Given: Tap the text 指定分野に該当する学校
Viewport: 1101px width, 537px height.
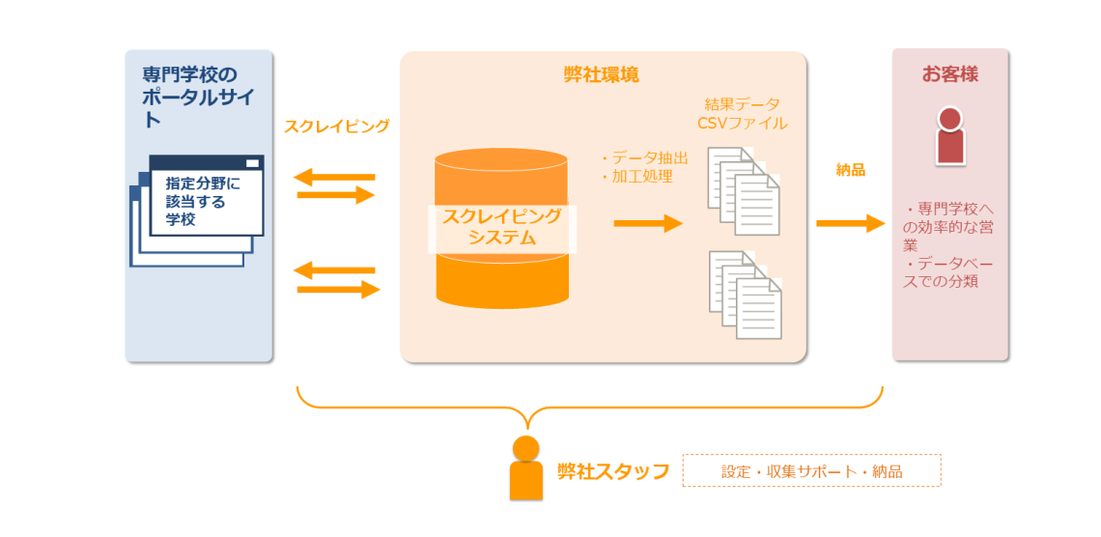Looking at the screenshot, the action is click(202, 202).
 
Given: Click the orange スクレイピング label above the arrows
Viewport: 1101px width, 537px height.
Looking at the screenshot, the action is click(336, 127).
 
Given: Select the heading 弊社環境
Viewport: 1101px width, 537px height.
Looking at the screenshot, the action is click(601, 75).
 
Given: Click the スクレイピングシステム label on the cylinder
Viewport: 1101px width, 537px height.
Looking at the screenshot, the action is click(502, 227).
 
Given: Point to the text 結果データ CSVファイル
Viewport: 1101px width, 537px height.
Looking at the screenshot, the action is click(742, 114).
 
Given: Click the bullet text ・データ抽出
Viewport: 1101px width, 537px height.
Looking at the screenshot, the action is click(644, 158).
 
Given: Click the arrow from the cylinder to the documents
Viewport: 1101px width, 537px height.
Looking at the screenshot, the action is click(648, 224).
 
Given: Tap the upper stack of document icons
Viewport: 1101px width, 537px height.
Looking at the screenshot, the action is click(744, 191).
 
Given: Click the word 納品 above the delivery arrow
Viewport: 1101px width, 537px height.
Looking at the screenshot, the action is click(850, 170).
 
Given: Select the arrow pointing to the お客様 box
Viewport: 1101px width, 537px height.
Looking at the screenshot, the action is click(850, 224).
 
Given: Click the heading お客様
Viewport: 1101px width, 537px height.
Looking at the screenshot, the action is click(950, 75).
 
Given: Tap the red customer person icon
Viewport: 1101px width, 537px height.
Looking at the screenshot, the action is click(950, 135).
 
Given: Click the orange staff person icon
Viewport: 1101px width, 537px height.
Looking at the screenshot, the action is click(526, 467).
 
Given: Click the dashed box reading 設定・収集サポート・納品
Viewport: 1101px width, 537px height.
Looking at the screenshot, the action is click(811, 470).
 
